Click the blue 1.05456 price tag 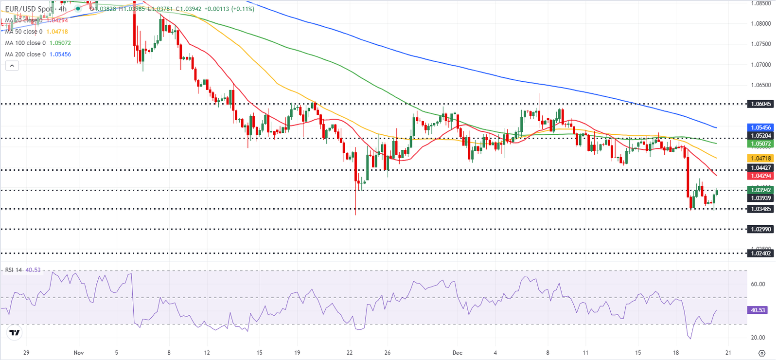(760, 127)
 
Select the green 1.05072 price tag (760, 144)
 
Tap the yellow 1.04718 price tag (760, 159)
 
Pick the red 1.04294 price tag (760, 176)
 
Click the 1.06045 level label (760, 104)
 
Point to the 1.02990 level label (760, 229)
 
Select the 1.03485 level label (760, 209)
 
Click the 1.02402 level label (760, 253)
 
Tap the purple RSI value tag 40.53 (758, 310)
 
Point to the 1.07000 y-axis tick (760, 65)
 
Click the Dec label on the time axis (457, 353)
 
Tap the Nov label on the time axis (79, 353)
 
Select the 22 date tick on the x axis (350, 353)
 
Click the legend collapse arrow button (12, 66)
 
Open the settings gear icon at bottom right (761, 353)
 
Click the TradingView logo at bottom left (15, 333)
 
